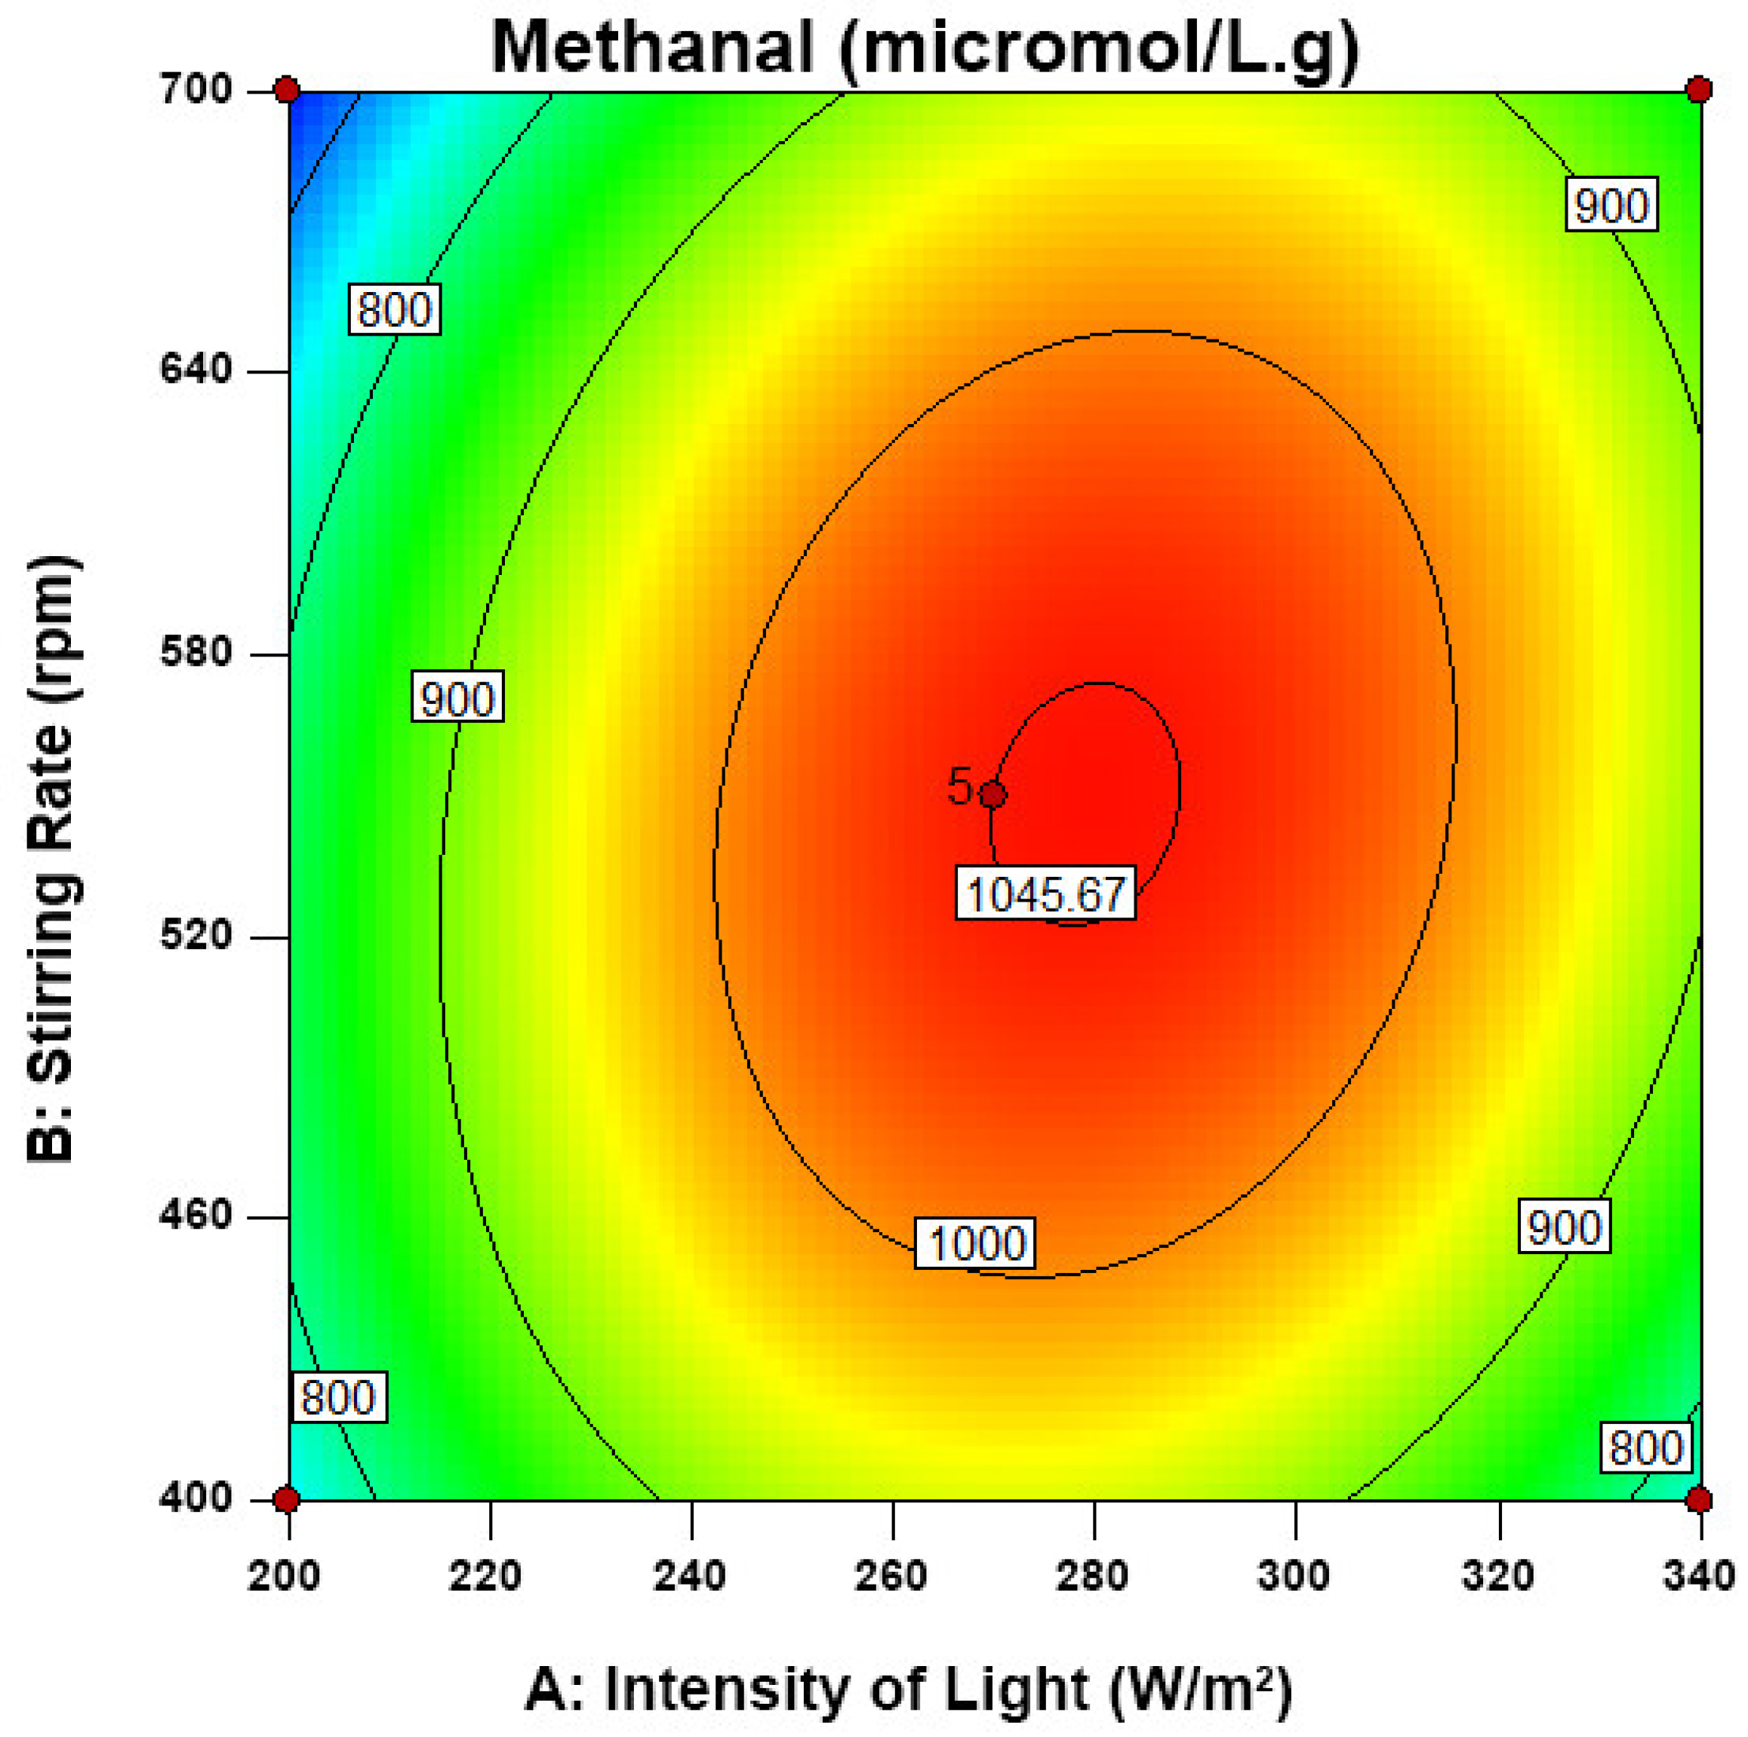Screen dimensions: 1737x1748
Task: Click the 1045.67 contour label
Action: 1045,895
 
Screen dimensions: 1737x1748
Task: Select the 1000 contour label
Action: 975,1243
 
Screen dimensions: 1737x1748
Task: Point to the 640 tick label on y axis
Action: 196,371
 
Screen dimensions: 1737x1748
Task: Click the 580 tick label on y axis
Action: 196,653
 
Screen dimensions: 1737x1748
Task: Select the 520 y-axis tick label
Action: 196,936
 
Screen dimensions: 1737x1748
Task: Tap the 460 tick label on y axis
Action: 196,1216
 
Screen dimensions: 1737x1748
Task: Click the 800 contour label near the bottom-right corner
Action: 1645,1447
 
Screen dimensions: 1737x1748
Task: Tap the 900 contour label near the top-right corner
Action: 1611,206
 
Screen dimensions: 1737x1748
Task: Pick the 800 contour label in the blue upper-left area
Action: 395,310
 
